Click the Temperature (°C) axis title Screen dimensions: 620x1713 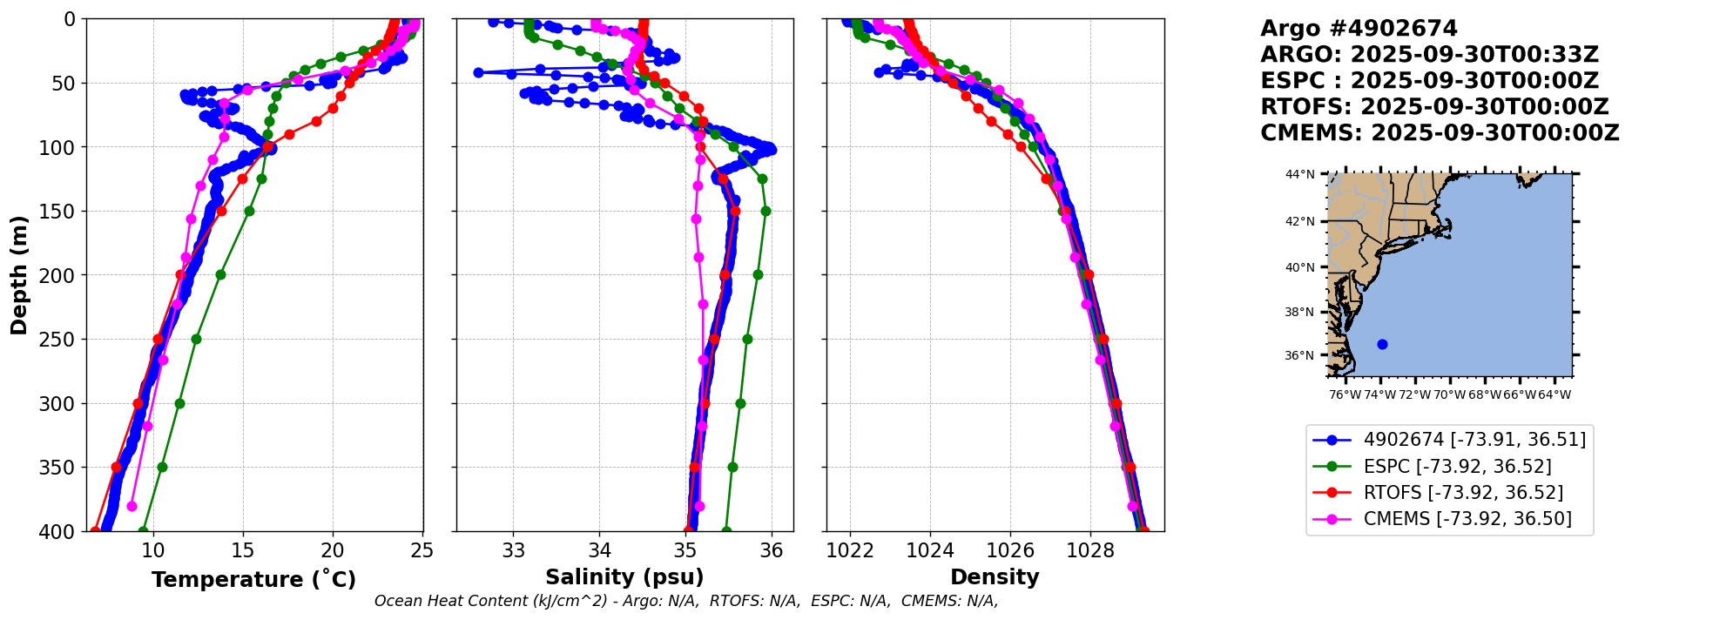253,580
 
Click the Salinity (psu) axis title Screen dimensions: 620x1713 624,577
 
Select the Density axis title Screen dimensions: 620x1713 995,577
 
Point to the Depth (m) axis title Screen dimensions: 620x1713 19,275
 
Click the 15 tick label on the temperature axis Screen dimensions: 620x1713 243,550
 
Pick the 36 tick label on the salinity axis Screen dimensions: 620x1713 772,550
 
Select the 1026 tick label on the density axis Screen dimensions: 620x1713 1010,550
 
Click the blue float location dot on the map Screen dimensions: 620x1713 1382,344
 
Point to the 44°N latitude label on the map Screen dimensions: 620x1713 1300,174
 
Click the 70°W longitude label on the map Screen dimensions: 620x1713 1449,394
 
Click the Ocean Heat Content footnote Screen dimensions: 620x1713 686,601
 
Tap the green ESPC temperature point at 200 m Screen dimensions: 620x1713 220,274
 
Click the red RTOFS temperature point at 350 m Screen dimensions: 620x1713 117,468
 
